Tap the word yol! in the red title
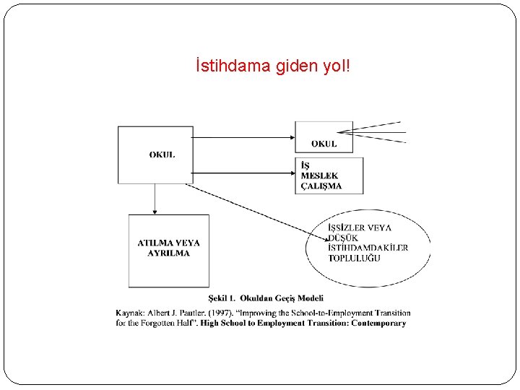coord(337,67)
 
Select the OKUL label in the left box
coord(162,155)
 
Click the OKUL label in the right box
coord(324,144)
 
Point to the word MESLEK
coord(319,176)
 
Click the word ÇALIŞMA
coord(321,186)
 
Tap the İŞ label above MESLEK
coord(305,166)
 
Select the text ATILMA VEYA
coord(168,243)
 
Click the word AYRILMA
coord(168,253)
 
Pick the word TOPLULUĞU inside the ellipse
coord(354,259)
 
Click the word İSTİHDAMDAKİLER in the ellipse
coord(368,248)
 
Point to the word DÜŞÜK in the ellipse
coord(343,238)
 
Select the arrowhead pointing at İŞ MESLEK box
coord(290,173)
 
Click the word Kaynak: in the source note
coord(131,313)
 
